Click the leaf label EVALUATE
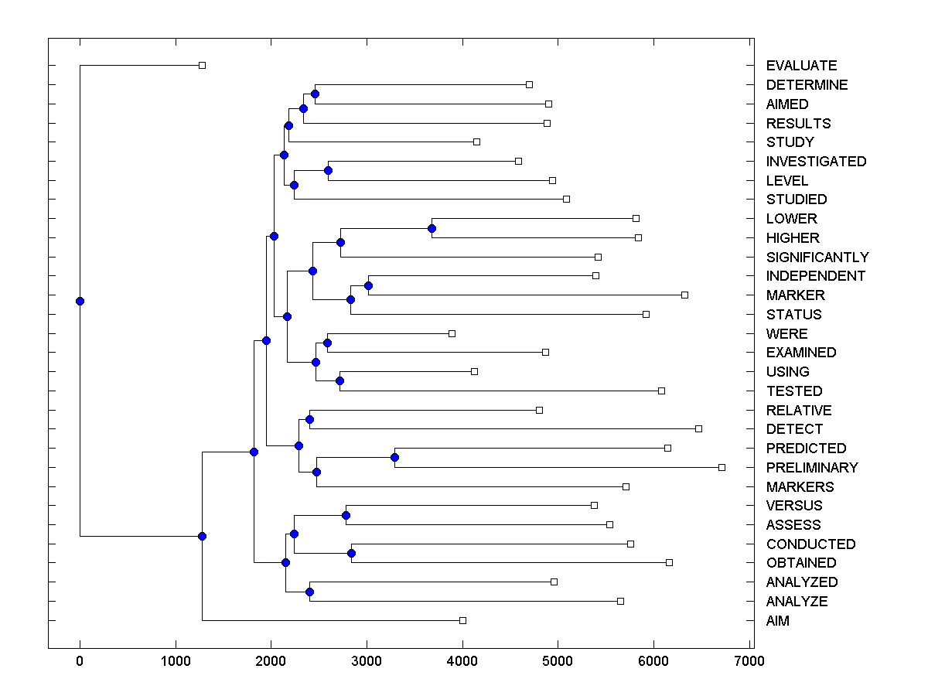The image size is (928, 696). [801, 66]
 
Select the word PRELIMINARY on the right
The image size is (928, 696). [812, 467]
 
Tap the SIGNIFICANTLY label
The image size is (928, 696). [817, 257]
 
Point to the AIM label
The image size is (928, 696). [778, 620]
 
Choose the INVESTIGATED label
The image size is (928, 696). [816, 162]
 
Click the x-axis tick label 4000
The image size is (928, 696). [462, 661]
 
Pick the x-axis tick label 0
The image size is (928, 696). [80, 661]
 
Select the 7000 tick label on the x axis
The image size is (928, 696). [749, 661]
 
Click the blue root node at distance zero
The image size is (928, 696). [80, 301]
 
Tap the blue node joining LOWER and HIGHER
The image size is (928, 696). [432, 228]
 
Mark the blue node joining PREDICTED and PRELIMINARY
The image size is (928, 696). [394, 457]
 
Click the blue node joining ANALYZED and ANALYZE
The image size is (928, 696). [309, 592]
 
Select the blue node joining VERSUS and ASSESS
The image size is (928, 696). [346, 515]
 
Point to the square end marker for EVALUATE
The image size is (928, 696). [202, 66]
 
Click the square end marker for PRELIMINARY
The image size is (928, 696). [722, 467]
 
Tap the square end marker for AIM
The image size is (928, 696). [462, 620]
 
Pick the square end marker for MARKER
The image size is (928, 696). [684, 295]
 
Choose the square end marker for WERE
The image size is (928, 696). [452, 333]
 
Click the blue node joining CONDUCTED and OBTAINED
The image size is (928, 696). [351, 553]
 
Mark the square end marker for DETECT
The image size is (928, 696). [698, 428]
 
